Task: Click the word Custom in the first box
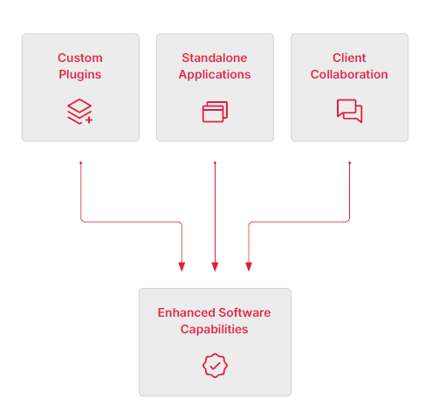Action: [x=80, y=58]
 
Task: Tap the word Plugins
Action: [x=80, y=74]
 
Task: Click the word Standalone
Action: [x=215, y=58]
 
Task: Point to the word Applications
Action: [x=215, y=74]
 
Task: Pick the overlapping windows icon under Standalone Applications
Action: [x=215, y=112]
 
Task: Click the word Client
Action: [x=349, y=58]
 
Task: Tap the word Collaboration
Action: [x=349, y=74]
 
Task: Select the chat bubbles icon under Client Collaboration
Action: [x=349, y=111]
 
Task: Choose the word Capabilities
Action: [x=215, y=329]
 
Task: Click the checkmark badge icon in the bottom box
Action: [x=215, y=365]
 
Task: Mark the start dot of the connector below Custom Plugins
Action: [x=80, y=162]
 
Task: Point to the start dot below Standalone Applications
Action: [x=215, y=162]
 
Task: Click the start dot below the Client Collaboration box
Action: [x=349, y=162]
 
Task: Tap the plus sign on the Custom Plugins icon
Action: [x=89, y=119]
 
